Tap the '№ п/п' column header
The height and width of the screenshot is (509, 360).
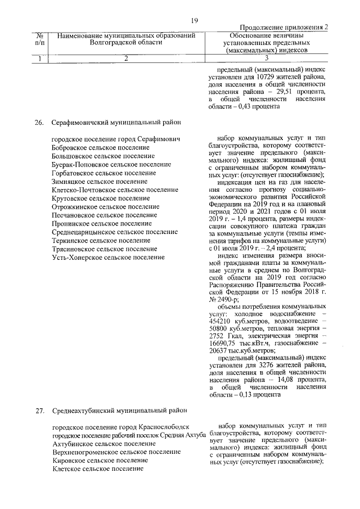click(x=40, y=38)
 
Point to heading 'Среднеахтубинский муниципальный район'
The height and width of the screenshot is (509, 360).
click(x=118, y=410)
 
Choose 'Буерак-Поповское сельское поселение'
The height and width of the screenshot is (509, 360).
click(x=111, y=164)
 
